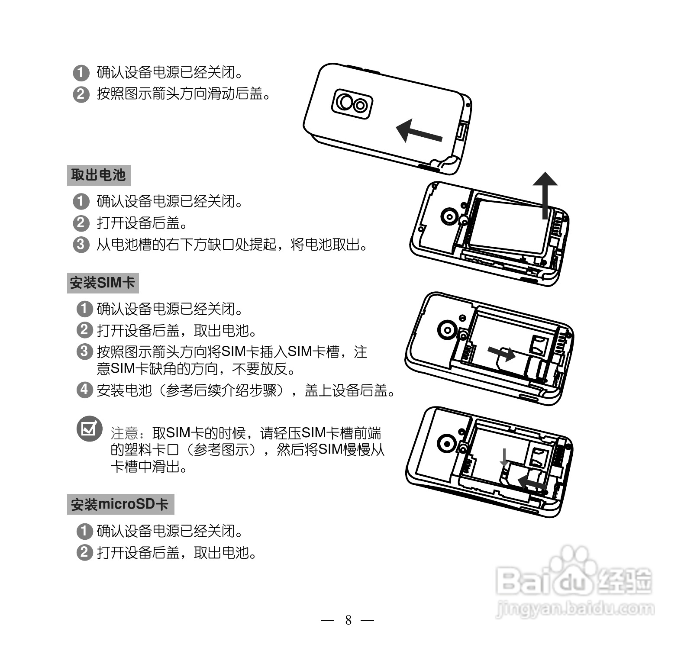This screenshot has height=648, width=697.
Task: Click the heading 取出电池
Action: coord(98,175)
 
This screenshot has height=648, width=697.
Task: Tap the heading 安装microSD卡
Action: coord(120,504)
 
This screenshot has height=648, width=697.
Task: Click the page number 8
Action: coord(348,620)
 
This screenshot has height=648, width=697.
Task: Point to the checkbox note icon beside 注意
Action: coord(89,429)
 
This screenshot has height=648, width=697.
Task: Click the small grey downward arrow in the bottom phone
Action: coord(504,458)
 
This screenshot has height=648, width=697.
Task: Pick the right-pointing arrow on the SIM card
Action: coord(502,353)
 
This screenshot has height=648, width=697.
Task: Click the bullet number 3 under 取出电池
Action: coord(81,245)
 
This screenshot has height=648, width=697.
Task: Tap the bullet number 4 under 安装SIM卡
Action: coord(84,390)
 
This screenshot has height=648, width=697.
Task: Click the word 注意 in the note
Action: coord(124,433)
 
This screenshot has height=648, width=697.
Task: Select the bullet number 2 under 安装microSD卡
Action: coord(84,553)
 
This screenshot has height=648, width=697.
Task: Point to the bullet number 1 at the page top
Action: coord(81,72)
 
